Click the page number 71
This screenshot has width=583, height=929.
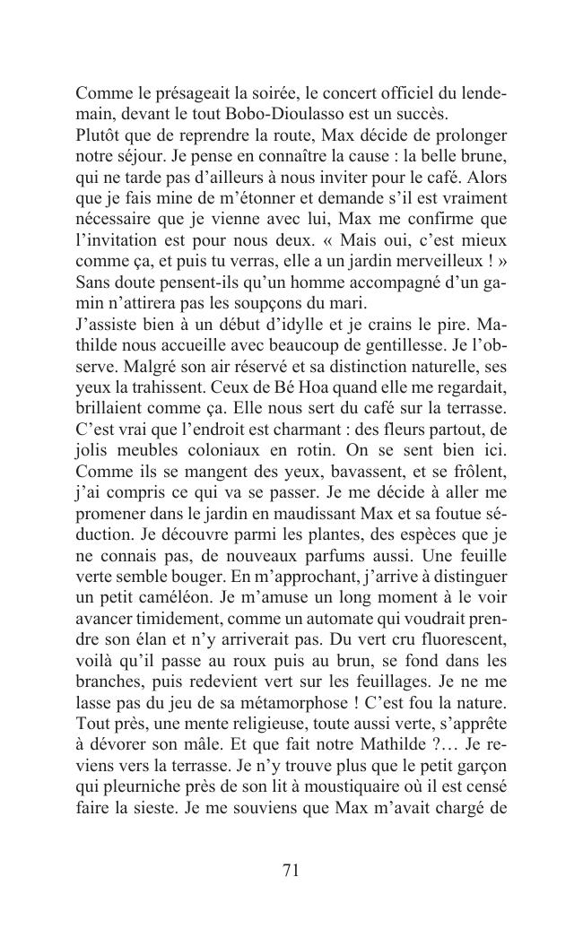[x=291, y=870]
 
